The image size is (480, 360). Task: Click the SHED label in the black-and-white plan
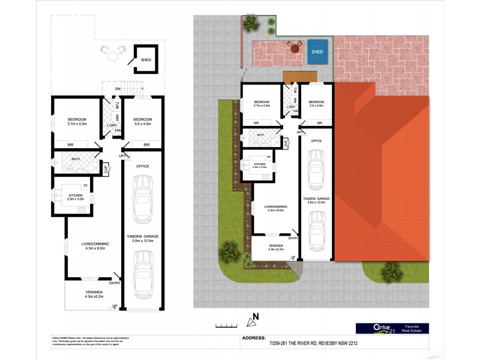click(146, 60)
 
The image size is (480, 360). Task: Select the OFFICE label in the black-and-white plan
click(142, 166)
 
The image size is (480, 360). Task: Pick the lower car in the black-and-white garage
click(142, 274)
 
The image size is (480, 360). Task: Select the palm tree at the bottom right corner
click(390, 273)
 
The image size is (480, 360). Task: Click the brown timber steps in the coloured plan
click(299, 76)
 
